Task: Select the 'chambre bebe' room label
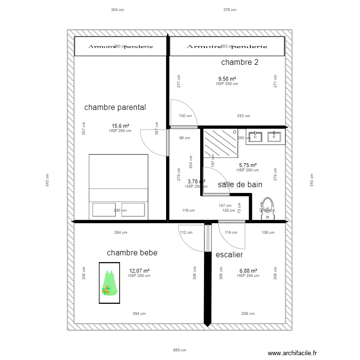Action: point(132,252)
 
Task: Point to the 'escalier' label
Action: point(229,255)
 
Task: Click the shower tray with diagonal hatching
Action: point(220,143)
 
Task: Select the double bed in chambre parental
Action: point(119,187)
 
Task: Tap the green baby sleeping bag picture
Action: point(109,283)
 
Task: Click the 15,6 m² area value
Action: point(120,126)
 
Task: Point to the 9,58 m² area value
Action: point(227,79)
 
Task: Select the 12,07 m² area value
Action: point(139,271)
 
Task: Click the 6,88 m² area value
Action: point(248,271)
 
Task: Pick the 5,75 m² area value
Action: point(248,165)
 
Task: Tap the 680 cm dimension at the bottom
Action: point(180,350)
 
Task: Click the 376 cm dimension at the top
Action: point(230,10)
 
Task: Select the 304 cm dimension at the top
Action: point(118,10)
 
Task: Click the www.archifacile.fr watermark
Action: point(296,353)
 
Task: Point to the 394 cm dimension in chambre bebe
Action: point(139,314)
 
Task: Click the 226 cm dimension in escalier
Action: point(248,314)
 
